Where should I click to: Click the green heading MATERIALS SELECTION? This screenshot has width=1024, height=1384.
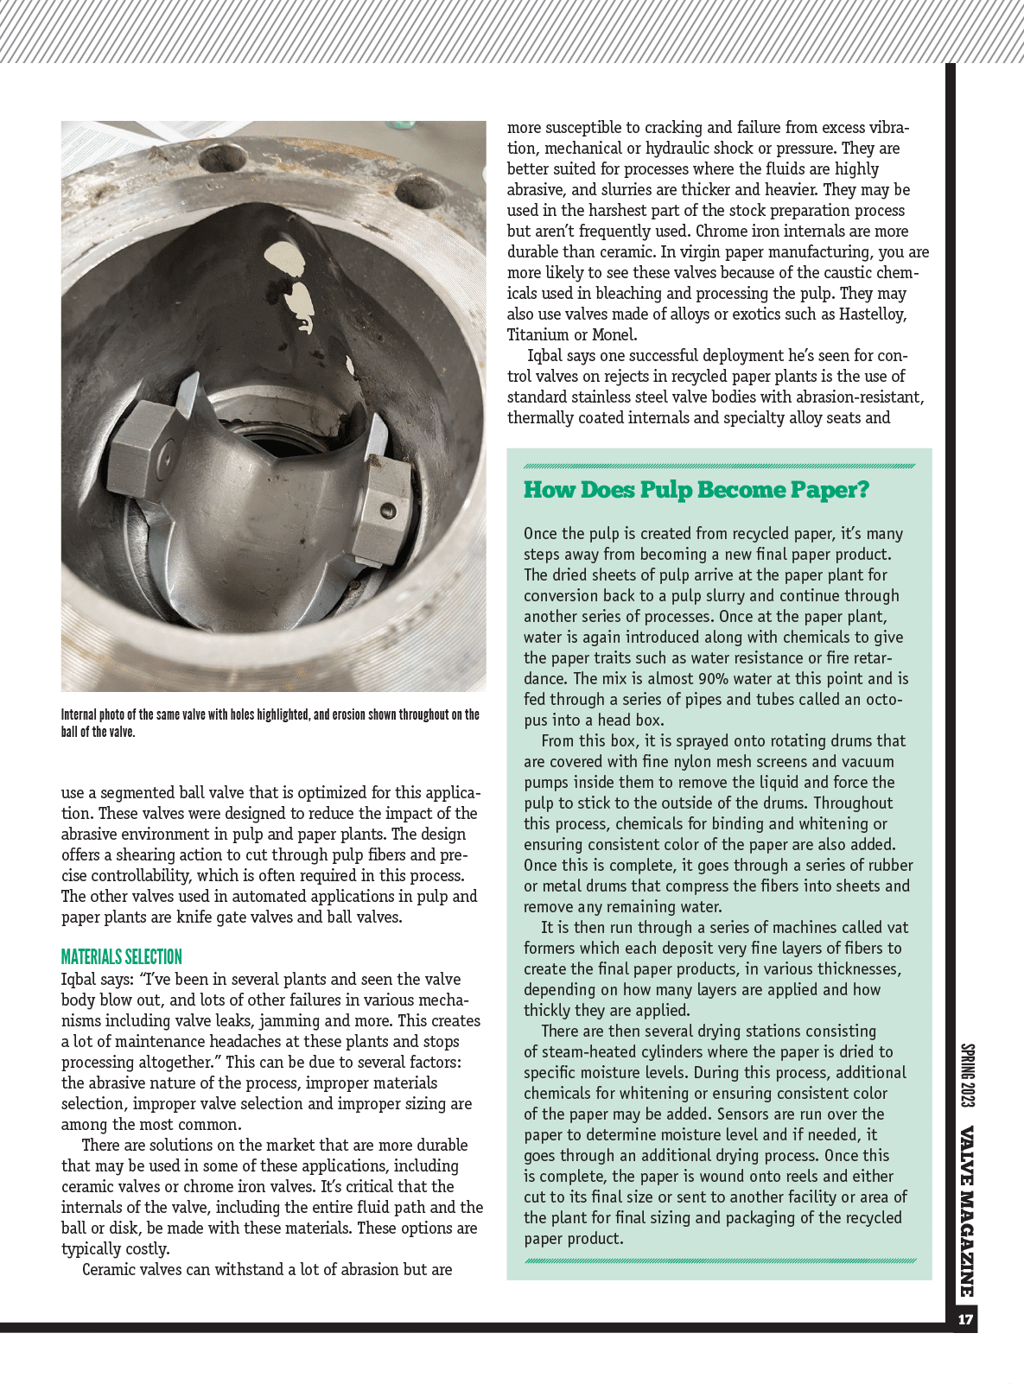122,957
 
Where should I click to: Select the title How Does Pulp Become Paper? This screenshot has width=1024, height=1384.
696,490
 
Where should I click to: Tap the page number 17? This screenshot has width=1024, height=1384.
965,1319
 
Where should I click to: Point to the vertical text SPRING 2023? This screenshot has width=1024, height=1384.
967,1076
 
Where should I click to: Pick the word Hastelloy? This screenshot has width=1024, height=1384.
873,314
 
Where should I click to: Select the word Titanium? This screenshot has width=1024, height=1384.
538,335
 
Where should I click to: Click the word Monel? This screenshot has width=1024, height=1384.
614,335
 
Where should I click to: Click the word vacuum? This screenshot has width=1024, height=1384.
865,762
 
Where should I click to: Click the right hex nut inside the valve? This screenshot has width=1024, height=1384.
384,501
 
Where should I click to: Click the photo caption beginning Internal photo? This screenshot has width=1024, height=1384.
270,723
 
